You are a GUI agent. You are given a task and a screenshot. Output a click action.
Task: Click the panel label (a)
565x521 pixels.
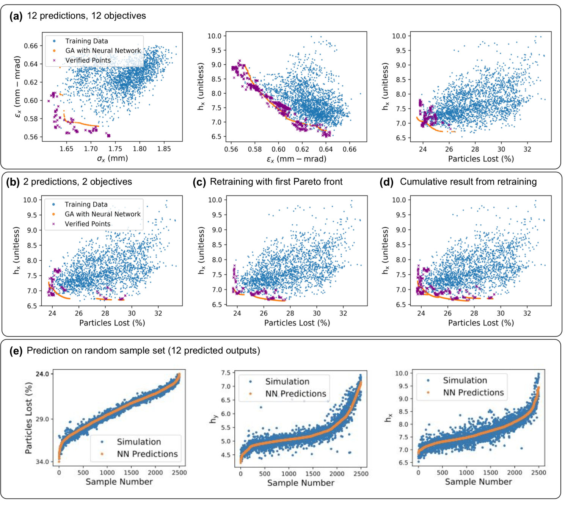click(16, 16)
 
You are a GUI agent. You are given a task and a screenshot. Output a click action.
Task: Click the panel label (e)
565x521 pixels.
click(16, 350)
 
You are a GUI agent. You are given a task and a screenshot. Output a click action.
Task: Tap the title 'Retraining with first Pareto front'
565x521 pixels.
click(276, 182)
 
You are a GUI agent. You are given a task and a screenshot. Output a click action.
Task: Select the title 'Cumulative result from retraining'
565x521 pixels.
click(468, 182)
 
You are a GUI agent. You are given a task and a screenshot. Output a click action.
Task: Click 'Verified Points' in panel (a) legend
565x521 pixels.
click(88, 60)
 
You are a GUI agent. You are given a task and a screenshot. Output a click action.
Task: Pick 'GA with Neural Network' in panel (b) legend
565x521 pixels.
click(102, 214)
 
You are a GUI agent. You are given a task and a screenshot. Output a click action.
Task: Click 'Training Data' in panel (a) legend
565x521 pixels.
click(86, 41)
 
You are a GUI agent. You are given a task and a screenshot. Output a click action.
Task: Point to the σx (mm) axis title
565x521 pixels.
click(112, 158)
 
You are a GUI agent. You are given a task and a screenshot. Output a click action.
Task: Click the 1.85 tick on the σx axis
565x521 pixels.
click(164, 149)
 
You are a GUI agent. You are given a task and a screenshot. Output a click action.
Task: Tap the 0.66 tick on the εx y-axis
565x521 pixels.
click(30, 46)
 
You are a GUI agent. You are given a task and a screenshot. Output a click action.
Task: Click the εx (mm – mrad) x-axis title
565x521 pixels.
click(297, 159)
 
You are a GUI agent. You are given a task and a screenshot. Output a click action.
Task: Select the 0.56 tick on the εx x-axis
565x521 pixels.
click(231, 149)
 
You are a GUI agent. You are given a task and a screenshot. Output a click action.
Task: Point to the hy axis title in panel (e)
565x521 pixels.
click(213, 418)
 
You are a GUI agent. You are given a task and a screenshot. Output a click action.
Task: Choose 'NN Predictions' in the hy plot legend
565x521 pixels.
click(296, 394)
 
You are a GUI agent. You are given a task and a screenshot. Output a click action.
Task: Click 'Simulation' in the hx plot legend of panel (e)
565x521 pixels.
click(465, 380)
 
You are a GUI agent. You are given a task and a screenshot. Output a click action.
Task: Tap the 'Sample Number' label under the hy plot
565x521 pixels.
click(301, 483)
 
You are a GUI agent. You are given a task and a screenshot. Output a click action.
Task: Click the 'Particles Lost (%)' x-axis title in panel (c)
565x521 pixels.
click(297, 323)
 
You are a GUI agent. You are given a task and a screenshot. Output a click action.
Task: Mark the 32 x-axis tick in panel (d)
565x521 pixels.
click(527, 313)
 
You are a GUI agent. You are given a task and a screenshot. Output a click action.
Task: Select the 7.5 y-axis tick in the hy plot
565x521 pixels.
click(226, 373)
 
